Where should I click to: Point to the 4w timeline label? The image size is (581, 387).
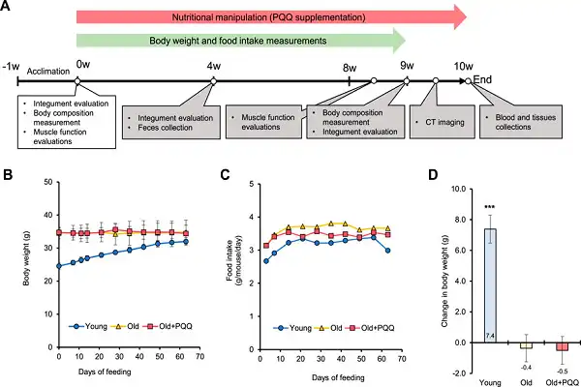click(x=213, y=65)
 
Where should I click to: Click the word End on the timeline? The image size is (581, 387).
click(x=483, y=79)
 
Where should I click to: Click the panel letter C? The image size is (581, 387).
click(x=226, y=175)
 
